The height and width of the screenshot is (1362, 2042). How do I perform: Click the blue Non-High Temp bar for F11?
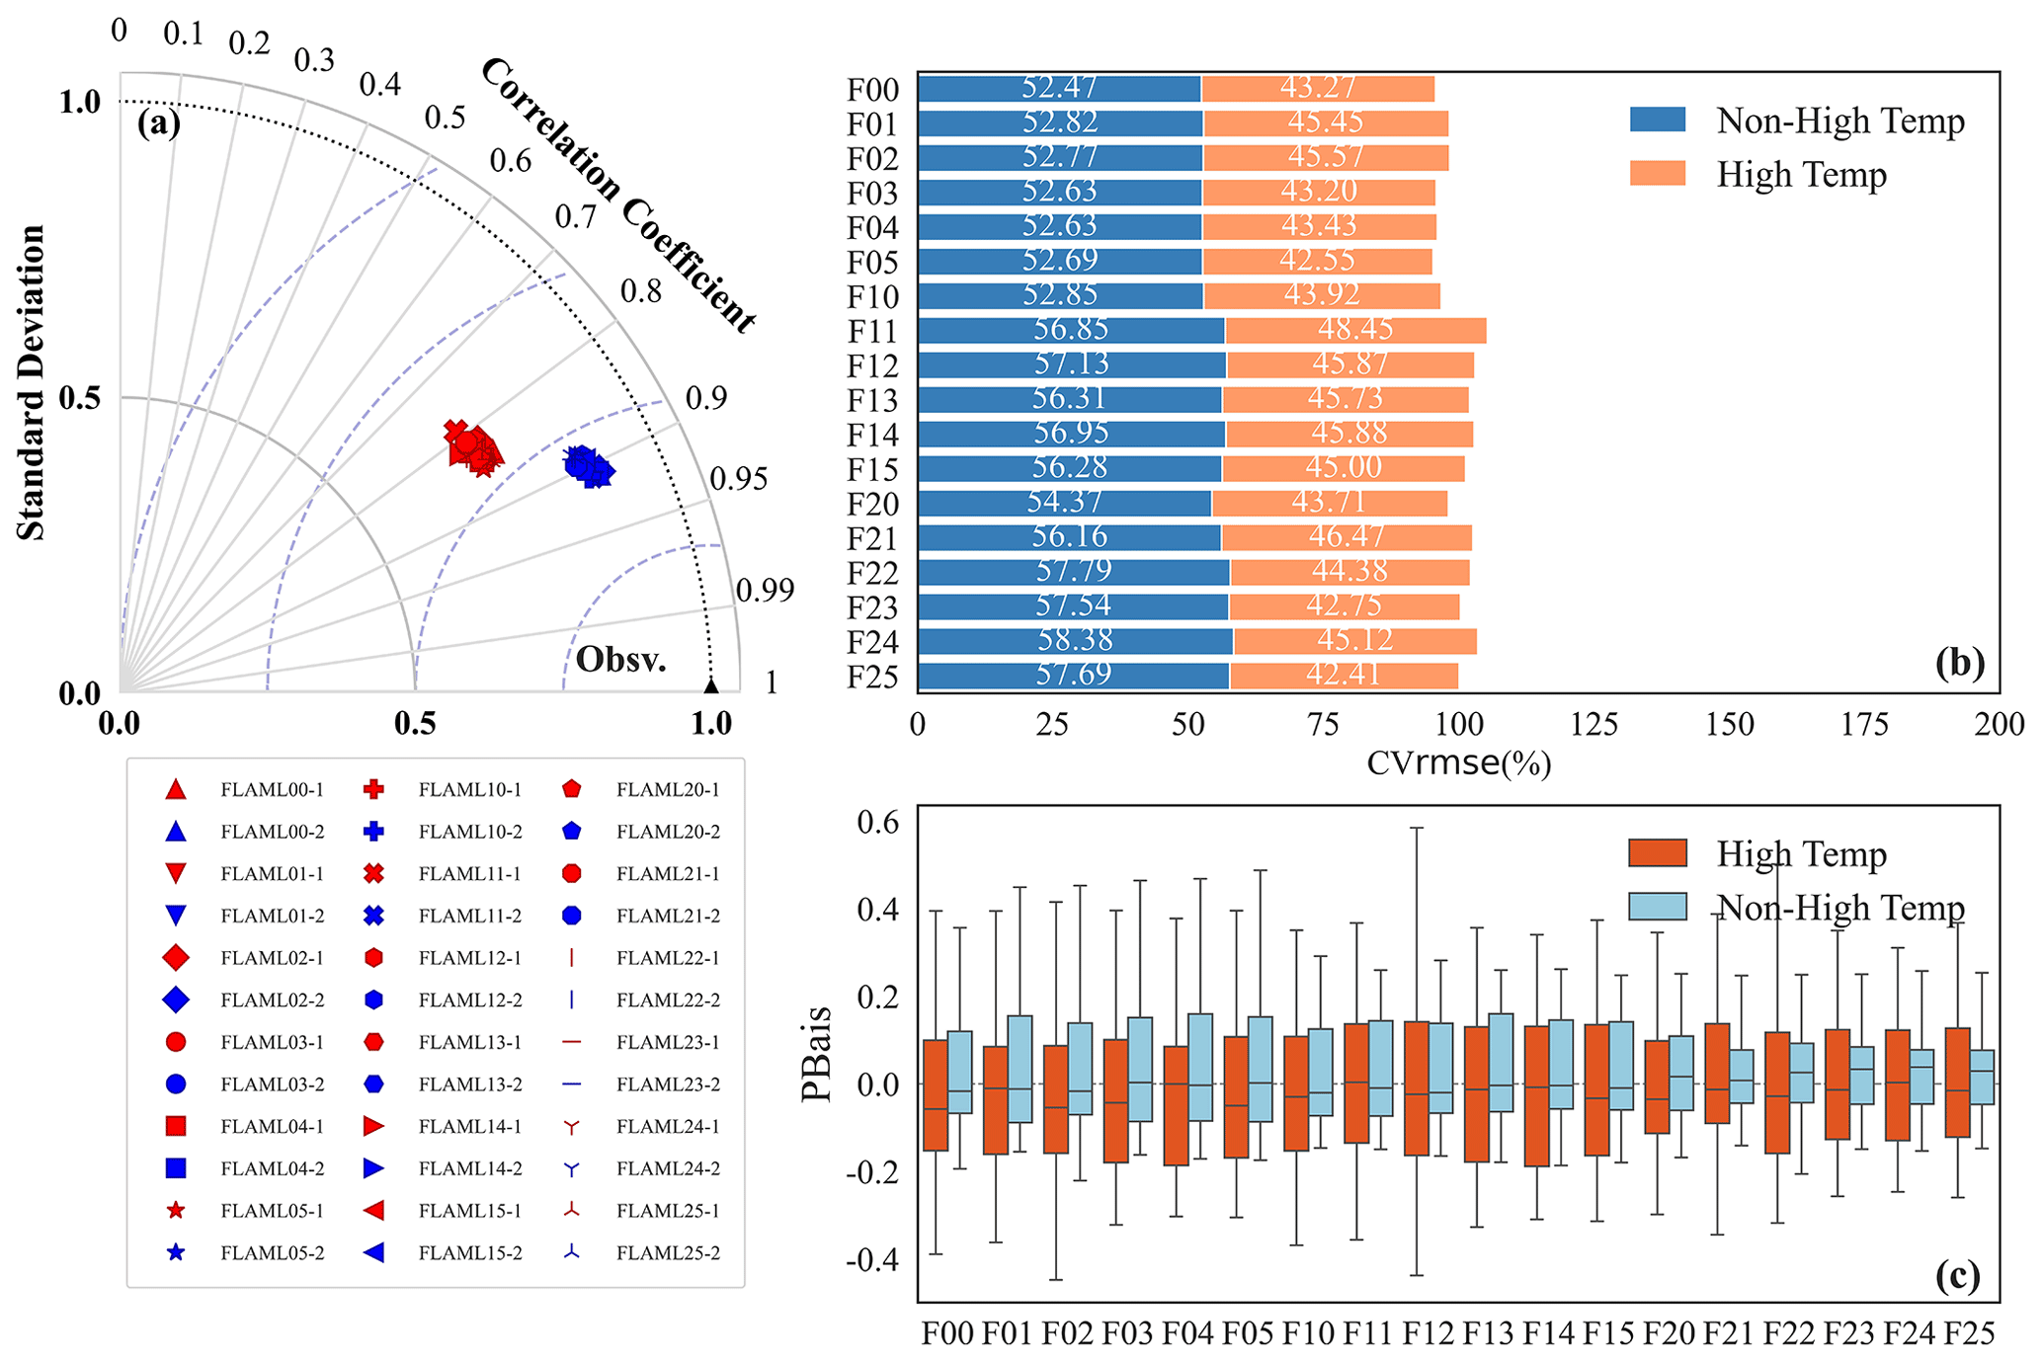pos(1071,330)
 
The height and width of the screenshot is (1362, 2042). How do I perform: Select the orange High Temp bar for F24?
pos(1354,641)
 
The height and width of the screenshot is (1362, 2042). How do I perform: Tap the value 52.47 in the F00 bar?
pos(1059,88)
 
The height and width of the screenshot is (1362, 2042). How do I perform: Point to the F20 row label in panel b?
pos(873,505)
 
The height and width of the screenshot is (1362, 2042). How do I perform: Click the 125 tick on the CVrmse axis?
pos(1594,725)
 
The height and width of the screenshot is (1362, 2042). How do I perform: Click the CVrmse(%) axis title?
pos(1459,763)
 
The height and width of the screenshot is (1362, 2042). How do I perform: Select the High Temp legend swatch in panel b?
pos(1657,175)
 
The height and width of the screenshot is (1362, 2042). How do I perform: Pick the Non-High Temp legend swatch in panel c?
pos(1657,907)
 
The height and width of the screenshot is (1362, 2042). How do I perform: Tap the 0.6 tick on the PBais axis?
pos(877,822)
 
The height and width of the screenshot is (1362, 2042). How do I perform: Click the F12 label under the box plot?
pos(1429,1334)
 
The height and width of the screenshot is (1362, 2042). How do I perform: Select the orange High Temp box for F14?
pos(1536,1095)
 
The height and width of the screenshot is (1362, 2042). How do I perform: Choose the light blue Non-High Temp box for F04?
pos(1200,1067)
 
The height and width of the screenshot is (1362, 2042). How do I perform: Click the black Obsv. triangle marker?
pos(710,685)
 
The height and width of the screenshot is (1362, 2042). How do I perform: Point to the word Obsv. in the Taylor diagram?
pos(620,660)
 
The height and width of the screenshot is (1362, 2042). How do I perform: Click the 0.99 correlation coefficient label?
pos(765,591)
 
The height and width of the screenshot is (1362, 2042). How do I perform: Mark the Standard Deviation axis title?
pos(32,383)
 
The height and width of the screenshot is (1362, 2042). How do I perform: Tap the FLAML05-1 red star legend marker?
pos(176,1211)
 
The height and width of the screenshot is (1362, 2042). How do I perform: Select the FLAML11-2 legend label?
pos(470,917)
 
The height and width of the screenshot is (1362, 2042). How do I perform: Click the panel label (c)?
pos(1958,1276)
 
